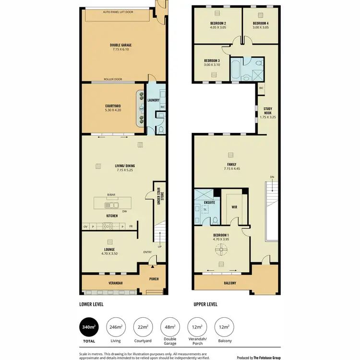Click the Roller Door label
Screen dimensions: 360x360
[x=112, y=79]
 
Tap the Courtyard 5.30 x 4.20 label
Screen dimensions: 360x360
[x=113, y=108]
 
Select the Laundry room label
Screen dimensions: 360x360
[x=153, y=100]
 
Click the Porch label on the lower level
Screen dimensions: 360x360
[x=154, y=279]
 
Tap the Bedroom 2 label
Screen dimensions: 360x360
[x=218, y=25]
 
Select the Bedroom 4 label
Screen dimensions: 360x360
[x=261, y=25]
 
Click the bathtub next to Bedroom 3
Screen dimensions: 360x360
[x=237, y=69]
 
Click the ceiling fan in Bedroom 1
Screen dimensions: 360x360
[x=221, y=250]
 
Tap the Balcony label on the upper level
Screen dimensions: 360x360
[x=230, y=283]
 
